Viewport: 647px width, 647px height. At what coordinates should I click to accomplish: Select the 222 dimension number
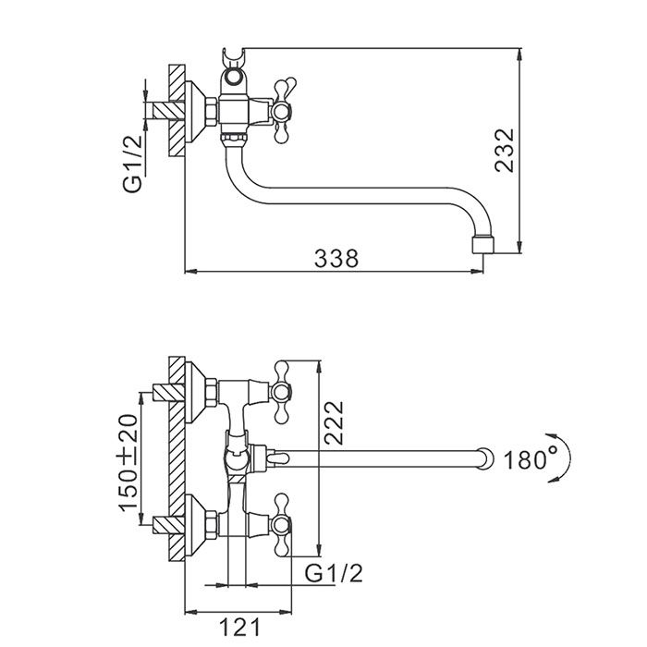pyautogui.click(x=335, y=424)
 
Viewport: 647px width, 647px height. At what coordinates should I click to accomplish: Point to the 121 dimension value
pyautogui.click(x=241, y=629)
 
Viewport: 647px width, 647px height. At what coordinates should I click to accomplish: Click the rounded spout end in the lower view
pyautogui.click(x=483, y=457)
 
